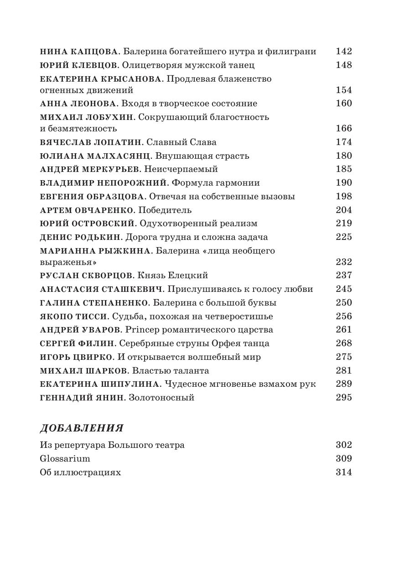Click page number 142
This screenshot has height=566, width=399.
343,52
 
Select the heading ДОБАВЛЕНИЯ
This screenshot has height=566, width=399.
82,428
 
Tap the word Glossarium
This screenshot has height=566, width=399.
65,459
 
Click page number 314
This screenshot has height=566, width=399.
343,473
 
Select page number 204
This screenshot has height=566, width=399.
343,210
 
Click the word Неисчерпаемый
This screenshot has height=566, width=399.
181,169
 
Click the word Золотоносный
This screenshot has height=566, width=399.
161,398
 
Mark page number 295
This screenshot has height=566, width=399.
343,398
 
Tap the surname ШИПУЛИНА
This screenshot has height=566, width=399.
125,384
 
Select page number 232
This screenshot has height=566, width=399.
343,262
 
